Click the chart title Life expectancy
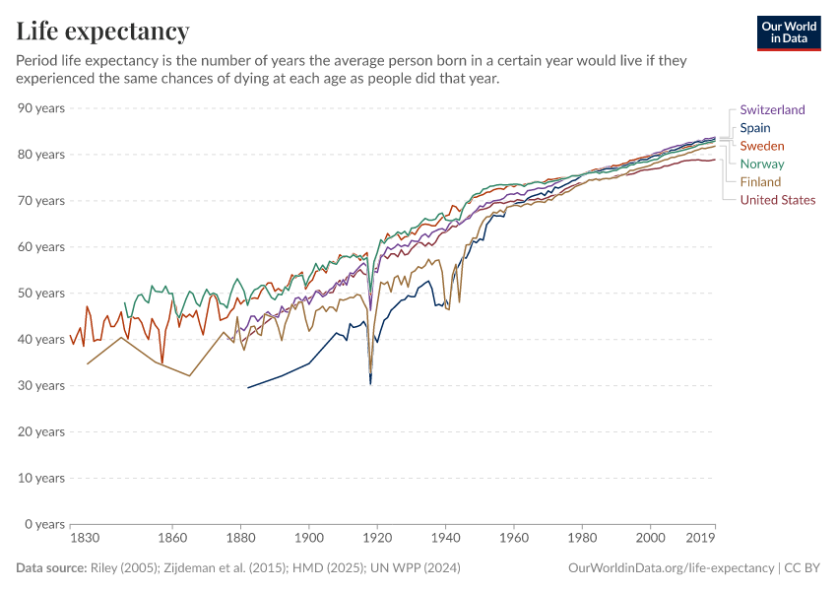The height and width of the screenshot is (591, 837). pyautogui.click(x=102, y=32)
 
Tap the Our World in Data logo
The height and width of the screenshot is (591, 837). pyautogui.click(x=788, y=33)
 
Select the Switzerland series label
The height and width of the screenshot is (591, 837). pyautogui.click(x=772, y=110)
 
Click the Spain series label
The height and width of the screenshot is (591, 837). pyautogui.click(x=755, y=128)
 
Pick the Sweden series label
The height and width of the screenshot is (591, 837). pyautogui.click(x=762, y=146)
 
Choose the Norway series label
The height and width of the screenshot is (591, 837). pyautogui.click(x=762, y=164)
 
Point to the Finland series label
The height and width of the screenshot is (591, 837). pyautogui.click(x=760, y=181)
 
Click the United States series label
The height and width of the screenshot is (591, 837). pyautogui.click(x=778, y=200)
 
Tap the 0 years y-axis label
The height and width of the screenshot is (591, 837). pyautogui.click(x=44, y=524)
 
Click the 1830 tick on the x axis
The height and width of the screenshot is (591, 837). pyautogui.click(x=85, y=539)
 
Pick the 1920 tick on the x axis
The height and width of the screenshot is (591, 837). pyautogui.click(x=377, y=539)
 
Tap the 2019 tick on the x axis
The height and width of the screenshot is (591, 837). pyautogui.click(x=701, y=539)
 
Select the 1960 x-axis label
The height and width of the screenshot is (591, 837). pyautogui.click(x=513, y=539)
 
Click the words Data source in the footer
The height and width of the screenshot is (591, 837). pyautogui.click(x=51, y=568)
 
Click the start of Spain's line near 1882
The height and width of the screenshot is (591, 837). pyautogui.click(x=248, y=387)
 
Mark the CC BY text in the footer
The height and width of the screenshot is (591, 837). pyautogui.click(x=803, y=568)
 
